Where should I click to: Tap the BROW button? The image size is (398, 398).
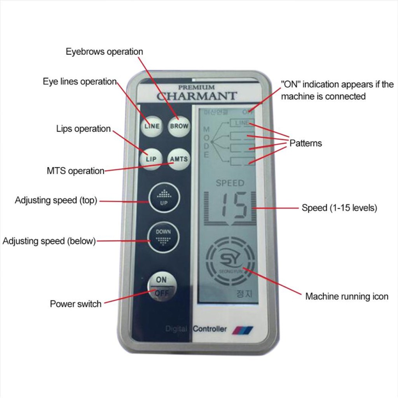pyautogui.click(x=179, y=126)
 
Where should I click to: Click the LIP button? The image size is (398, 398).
pyautogui.click(x=151, y=159)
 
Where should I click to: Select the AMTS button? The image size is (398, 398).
pyautogui.click(x=179, y=159)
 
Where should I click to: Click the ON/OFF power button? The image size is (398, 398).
pyautogui.click(x=161, y=286)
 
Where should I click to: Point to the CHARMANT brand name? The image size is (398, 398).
pyautogui.click(x=196, y=96)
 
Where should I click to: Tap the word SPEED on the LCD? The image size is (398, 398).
pyautogui.click(x=230, y=183)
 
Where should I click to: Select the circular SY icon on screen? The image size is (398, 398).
pyautogui.click(x=230, y=258)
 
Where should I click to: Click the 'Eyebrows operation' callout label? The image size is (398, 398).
pyautogui.click(x=104, y=52)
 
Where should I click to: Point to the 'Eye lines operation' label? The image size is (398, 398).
pyautogui.click(x=80, y=82)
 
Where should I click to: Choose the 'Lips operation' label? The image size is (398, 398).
pyautogui.click(x=84, y=129)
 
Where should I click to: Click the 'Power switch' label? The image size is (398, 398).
pyautogui.click(x=75, y=304)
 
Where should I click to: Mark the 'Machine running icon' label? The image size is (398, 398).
pyautogui.click(x=347, y=297)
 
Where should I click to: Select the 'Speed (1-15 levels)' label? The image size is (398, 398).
pyautogui.click(x=339, y=208)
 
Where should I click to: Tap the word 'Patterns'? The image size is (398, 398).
pyautogui.click(x=305, y=143)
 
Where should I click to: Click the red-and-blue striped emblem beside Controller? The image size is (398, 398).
pyautogui.click(x=243, y=330)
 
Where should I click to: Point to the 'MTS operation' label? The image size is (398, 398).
pyautogui.click(x=75, y=171)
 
